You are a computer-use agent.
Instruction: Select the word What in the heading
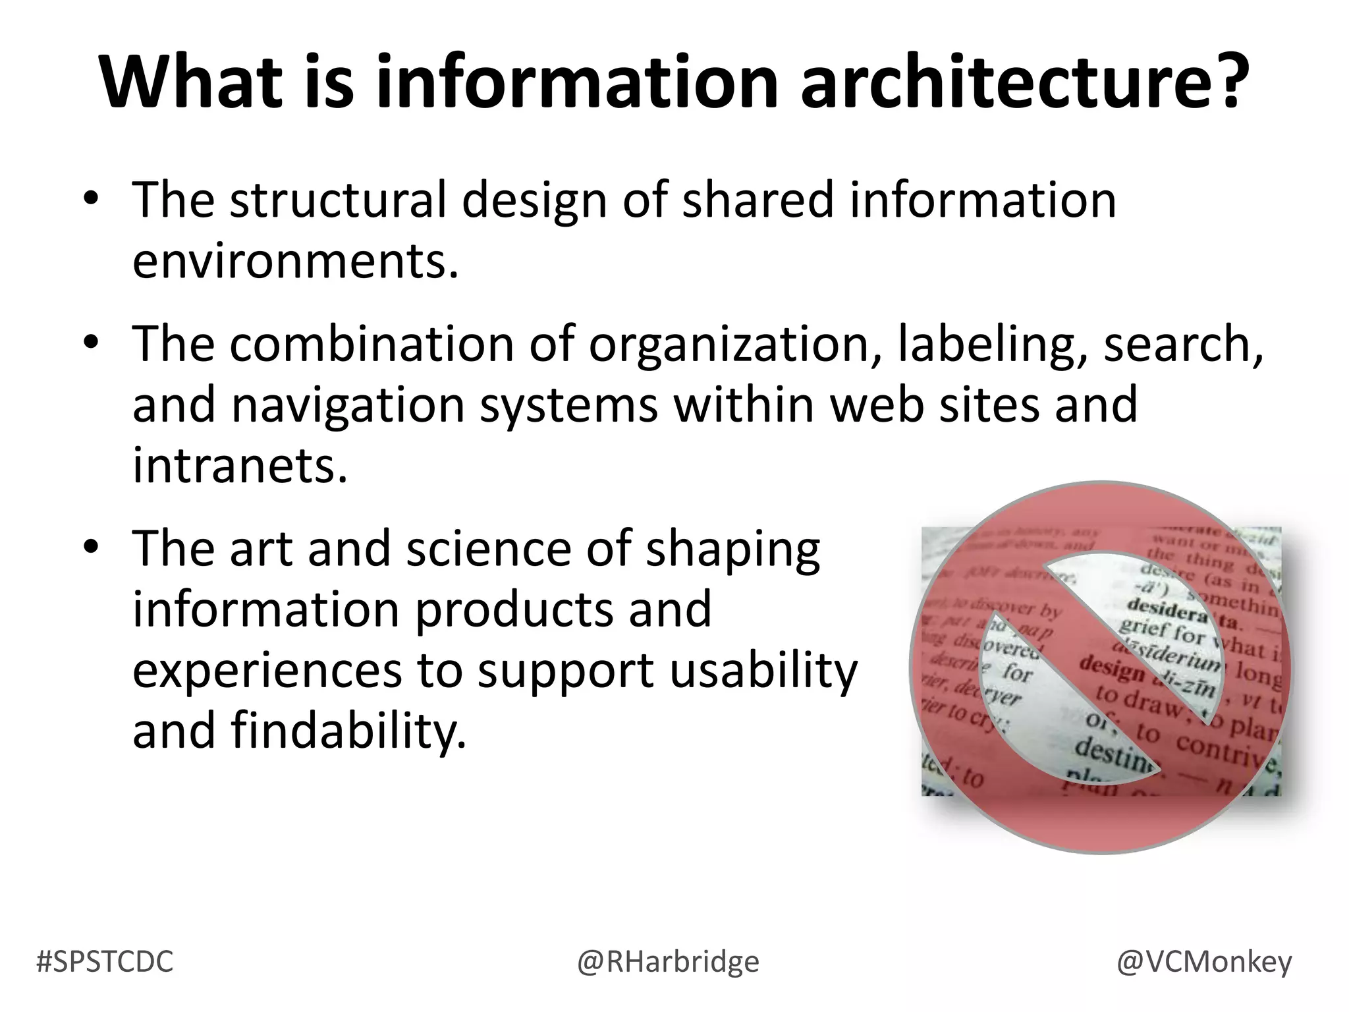tap(191, 82)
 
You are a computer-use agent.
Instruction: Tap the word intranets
tap(239, 465)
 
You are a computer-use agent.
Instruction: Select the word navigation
tap(347, 405)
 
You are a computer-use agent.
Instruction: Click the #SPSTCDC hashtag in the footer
tap(105, 962)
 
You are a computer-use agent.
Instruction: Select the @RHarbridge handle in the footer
tap(668, 962)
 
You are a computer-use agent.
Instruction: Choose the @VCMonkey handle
tap(1204, 962)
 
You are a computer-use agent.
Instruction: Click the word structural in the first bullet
tap(338, 199)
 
